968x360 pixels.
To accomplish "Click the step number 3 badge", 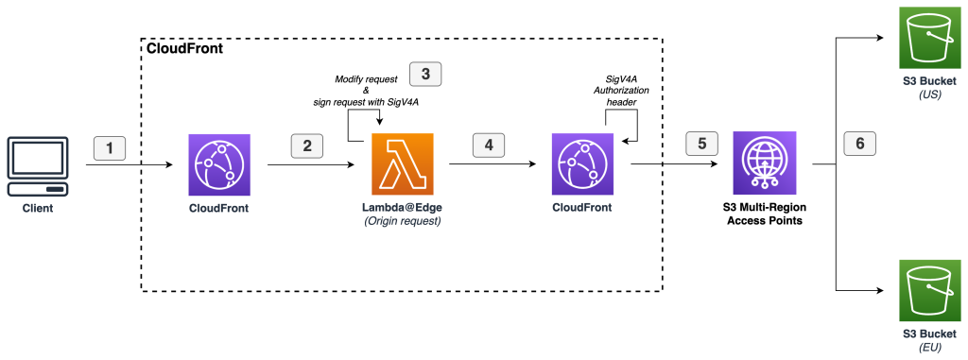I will tap(425, 74).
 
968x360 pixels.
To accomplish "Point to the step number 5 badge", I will tap(700, 145).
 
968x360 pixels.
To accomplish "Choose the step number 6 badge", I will tap(859, 145).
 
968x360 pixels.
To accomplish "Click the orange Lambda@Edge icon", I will tap(403, 163).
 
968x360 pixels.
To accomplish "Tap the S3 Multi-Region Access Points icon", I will tap(765, 163).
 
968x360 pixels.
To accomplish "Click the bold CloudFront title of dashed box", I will tap(185, 48).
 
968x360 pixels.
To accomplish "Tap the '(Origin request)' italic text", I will tap(403, 221).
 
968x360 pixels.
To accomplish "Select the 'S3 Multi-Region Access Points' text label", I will tap(765, 214).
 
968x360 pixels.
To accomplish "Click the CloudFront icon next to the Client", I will tap(218, 163).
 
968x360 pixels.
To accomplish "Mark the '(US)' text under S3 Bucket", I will tap(923, 94).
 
